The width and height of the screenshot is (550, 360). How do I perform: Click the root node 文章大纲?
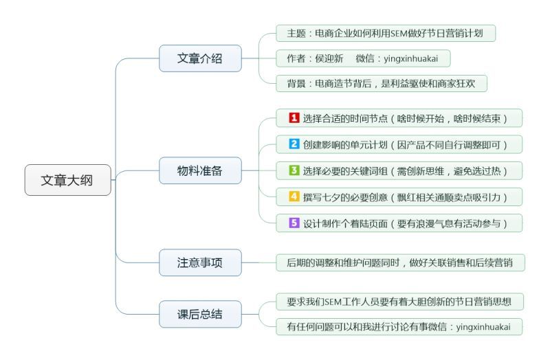click(67, 180)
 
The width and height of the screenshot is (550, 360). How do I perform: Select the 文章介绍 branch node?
click(200, 58)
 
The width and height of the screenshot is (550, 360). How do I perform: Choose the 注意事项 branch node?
click(200, 262)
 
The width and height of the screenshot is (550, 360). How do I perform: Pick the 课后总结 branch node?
click(200, 314)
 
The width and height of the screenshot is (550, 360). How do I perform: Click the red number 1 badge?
click(294, 118)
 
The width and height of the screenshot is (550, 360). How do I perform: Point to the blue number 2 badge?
click(294, 144)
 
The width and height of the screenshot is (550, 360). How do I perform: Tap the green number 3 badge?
click(294, 170)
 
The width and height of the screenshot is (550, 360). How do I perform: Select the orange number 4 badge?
click(294, 196)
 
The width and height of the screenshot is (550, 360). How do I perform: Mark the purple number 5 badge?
click(294, 223)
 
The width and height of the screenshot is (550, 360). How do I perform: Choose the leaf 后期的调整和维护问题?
click(400, 262)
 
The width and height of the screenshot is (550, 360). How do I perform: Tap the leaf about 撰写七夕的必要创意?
click(399, 196)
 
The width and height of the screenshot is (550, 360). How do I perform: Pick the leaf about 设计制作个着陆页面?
click(399, 223)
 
